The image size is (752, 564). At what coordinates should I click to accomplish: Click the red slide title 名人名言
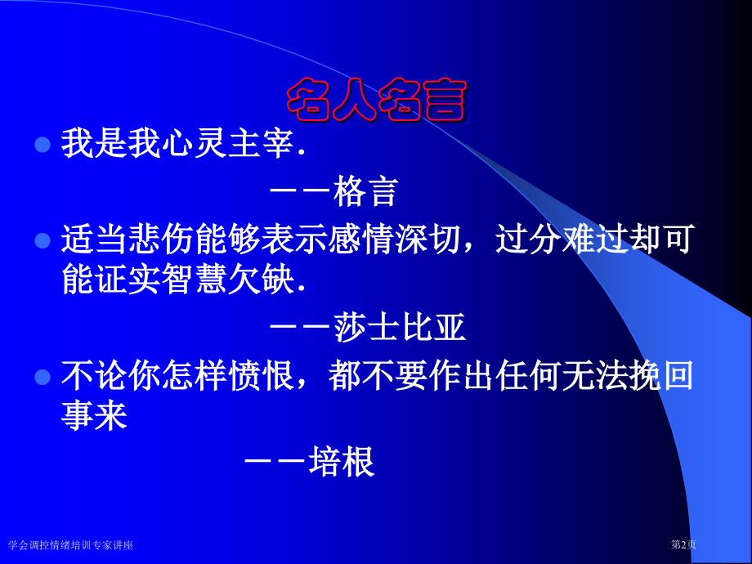pyautogui.click(x=377, y=99)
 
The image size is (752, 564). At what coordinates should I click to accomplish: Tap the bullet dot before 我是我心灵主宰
pyautogui.click(x=43, y=145)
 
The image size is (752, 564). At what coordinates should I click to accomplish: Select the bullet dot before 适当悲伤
pyautogui.click(x=43, y=241)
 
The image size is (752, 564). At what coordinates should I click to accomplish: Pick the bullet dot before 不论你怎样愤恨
pyautogui.click(x=43, y=377)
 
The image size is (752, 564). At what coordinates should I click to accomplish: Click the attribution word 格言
pyautogui.click(x=366, y=192)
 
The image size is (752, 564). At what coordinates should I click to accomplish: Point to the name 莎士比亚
pyautogui.click(x=400, y=328)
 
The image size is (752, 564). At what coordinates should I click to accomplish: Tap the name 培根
pyautogui.click(x=342, y=462)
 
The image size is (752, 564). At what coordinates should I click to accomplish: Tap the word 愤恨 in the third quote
pyautogui.click(x=262, y=375)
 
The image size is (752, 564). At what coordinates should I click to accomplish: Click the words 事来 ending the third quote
pyautogui.click(x=95, y=415)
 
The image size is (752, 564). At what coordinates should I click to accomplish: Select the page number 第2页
pyautogui.click(x=683, y=544)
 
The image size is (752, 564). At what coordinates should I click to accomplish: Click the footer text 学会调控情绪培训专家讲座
pyautogui.click(x=70, y=545)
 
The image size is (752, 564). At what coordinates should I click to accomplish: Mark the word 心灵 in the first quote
pyautogui.click(x=195, y=143)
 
